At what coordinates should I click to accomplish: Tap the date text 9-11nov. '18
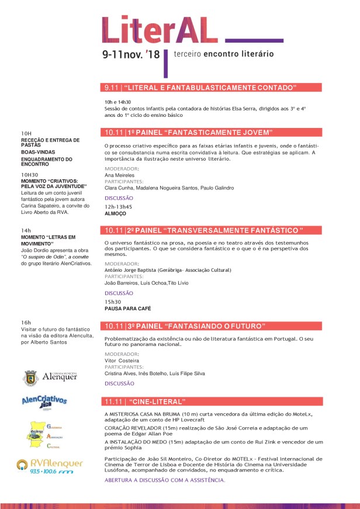(130, 54)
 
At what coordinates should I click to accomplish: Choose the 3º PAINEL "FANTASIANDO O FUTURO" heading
(184, 326)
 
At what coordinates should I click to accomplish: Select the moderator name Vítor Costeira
(119, 361)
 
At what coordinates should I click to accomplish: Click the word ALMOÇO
(115, 214)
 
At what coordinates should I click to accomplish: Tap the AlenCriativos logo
(44, 401)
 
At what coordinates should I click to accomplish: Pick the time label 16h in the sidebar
(26, 323)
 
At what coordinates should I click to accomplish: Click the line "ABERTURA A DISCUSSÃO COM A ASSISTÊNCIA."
(165, 480)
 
